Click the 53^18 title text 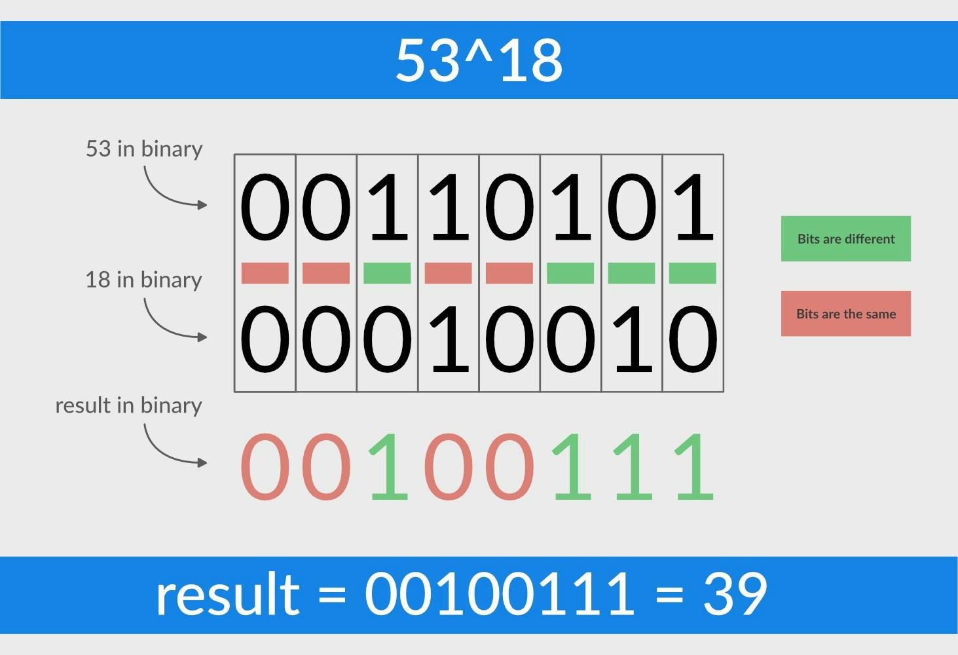tap(479, 60)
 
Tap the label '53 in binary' tap(144, 149)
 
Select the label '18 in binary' tap(143, 280)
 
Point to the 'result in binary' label tap(128, 405)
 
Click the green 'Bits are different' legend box tap(845, 238)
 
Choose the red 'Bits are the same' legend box tap(845, 314)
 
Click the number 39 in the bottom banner tap(734, 594)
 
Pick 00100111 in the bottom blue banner tap(499, 594)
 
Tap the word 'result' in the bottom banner tap(227, 594)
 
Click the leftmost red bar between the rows tap(265, 273)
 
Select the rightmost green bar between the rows tap(692, 273)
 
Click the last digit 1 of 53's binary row tap(693, 207)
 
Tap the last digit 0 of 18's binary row tap(693, 339)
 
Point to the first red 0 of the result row tap(265, 466)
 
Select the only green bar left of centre tap(387, 273)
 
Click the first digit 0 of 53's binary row tap(265, 207)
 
